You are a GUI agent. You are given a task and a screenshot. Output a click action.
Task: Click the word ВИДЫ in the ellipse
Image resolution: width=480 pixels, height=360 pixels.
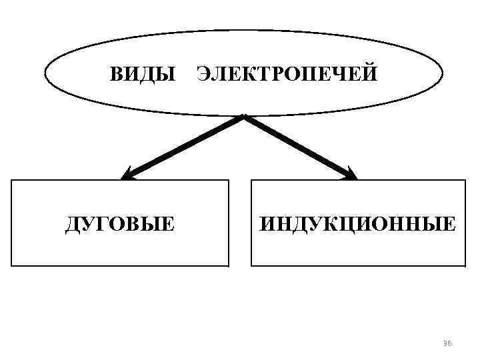pos(143,73)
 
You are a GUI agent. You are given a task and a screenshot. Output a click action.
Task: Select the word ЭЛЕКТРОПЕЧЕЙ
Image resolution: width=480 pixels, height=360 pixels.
pos(287,73)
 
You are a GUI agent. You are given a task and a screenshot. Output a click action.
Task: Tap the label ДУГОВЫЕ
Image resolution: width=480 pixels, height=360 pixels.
pos(120,223)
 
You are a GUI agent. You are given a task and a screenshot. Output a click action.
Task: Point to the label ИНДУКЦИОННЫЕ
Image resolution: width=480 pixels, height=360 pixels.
pos(358,223)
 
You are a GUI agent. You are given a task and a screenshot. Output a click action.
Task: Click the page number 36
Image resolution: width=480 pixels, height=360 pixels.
pos(447,343)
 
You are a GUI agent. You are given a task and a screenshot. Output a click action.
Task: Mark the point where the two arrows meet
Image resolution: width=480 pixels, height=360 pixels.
pos(244,117)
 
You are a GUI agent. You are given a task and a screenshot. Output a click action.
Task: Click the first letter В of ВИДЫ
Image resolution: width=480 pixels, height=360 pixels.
pos(116,73)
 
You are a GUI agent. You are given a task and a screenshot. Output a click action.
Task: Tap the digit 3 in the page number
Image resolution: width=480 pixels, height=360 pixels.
pos(445,343)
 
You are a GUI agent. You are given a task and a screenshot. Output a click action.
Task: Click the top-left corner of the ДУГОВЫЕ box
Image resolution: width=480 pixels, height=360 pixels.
pos(13,181)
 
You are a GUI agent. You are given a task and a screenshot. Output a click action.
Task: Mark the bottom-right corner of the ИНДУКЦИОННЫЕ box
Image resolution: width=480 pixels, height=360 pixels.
pos(465,265)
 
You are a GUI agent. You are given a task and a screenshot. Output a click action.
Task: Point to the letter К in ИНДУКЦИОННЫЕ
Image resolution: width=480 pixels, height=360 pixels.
pos(329,223)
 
